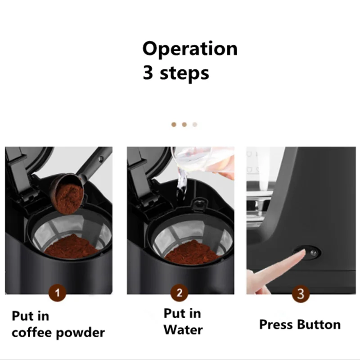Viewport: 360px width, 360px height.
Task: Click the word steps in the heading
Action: click(x=184, y=73)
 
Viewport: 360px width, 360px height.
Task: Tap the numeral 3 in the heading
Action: click(x=148, y=72)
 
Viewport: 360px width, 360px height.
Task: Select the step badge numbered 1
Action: click(x=58, y=293)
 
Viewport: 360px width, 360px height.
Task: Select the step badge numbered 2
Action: click(x=179, y=293)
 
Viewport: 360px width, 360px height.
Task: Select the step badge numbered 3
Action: click(x=301, y=294)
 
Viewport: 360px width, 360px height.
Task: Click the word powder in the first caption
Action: click(x=81, y=333)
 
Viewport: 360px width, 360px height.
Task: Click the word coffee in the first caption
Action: click(x=32, y=332)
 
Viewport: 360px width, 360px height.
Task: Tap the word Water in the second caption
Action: click(x=183, y=330)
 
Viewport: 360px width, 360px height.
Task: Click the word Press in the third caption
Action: click(x=276, y=324)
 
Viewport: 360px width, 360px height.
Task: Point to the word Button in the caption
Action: click(x=319, y=324)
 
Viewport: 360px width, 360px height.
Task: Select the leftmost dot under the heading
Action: click(x=174, y=125)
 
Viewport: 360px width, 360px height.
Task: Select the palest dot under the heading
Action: click(x=195, y=125)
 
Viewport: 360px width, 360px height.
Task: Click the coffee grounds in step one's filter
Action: click(x=72, y=247)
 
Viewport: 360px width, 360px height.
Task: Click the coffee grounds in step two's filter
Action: click(x=193, y=252)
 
